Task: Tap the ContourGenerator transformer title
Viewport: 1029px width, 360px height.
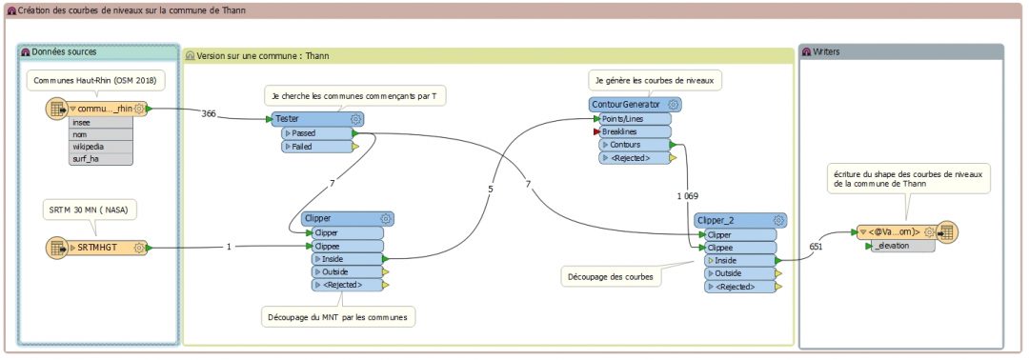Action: (626, 105)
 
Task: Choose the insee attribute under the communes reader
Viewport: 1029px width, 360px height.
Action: (82, 123)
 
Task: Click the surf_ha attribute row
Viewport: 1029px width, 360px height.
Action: (86, 158)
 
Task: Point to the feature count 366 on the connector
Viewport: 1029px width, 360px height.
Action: (209, 113)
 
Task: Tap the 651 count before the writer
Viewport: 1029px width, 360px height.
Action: (816, 246)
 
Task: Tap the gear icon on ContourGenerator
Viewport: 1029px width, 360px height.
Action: (674, 105)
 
